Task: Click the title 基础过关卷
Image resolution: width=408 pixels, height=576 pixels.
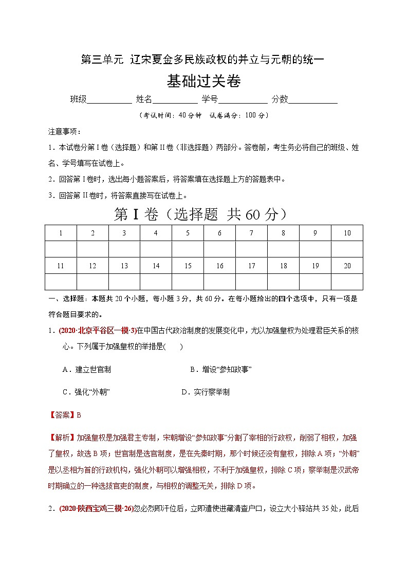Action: point(204,81)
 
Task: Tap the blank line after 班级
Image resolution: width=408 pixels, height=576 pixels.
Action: point(109,100)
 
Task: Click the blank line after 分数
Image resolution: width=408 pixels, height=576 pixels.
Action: point(313,100)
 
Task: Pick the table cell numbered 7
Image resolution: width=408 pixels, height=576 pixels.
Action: point(251,233)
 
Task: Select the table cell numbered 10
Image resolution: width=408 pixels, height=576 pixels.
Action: point(347,233)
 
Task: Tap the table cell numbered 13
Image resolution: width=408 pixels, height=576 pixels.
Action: point(124,266)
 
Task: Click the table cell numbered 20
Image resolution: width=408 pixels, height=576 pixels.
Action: point(347,266)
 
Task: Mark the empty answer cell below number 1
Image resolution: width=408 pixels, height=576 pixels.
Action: point(61,249)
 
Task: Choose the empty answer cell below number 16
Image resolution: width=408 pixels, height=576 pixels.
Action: point(219,282)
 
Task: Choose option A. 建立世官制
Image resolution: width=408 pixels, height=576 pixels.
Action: point(86,369)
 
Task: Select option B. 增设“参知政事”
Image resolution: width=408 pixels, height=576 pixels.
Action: point(220,369)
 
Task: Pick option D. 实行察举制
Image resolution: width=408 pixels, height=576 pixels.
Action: point(205,392)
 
